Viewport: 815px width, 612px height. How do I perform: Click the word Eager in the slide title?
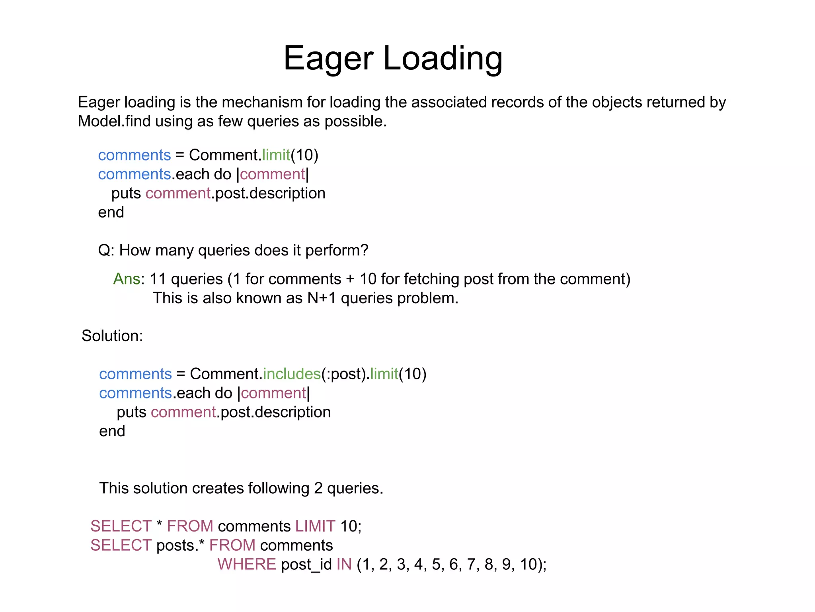(328, 59)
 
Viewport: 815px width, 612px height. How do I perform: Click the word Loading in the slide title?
(443, 59)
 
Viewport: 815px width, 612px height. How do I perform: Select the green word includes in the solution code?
(292, 374)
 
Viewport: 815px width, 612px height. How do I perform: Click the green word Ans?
(127, 279)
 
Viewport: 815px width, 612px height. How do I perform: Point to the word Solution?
(112, 336)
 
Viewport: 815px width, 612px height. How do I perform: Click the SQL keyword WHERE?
(247, 564)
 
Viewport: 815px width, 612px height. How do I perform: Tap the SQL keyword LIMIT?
(315, 526)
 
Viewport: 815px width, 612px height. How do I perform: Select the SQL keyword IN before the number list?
(344, 564)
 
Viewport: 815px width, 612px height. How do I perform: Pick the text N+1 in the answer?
(322, 298)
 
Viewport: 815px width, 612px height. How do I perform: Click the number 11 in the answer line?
(158, 279)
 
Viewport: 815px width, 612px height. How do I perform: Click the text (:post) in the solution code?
(343, 374)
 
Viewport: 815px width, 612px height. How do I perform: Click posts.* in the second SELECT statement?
(180, 545)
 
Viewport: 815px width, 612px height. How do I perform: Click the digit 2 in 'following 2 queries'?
(318, 488)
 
